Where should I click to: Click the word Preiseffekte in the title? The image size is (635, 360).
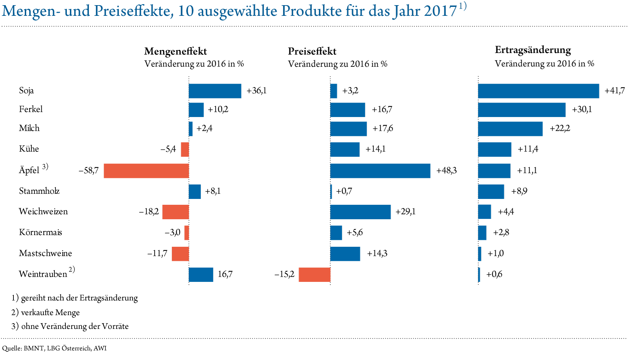132,11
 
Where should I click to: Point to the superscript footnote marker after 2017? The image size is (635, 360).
462,7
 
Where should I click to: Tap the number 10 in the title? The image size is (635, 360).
186,11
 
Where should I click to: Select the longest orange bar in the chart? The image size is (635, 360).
146,171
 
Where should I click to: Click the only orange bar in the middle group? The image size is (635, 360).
314,275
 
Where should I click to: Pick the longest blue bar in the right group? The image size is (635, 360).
539,91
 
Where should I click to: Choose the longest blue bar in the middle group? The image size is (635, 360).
380,171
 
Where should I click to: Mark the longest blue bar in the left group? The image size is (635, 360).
215,91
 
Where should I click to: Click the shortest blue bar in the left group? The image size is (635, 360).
190,129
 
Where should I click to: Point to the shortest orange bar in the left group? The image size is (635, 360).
187,233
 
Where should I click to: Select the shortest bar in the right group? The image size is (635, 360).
479,275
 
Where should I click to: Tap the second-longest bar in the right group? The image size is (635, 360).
522,110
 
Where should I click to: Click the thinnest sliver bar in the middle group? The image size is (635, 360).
331,192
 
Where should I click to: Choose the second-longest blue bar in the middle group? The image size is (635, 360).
361,212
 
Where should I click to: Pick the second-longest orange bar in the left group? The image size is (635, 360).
176,212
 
